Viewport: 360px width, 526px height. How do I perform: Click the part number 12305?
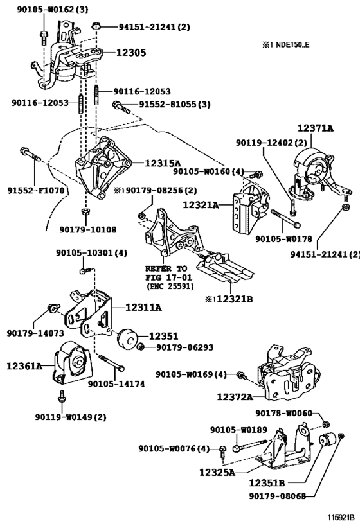point(131,53)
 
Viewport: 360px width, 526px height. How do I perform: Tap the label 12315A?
point(163,163)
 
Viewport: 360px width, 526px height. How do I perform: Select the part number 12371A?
point(316,128)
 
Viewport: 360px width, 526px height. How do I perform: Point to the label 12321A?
point(201,204)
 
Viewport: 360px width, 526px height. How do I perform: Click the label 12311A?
point(143,307)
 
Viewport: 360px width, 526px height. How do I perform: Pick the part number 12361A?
point(24,365)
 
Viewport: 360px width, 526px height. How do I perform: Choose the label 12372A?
point(235,397)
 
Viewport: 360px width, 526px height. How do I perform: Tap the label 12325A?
point(217,472)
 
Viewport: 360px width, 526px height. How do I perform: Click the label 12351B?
point(267,483)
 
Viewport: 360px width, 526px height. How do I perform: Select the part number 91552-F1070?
point(36,191)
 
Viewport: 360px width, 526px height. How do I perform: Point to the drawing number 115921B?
point(341,517)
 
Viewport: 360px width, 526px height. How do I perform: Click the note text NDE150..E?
point(292,44)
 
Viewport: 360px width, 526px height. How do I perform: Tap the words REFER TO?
point(166,268)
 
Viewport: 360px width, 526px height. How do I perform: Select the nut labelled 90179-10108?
point(85,212)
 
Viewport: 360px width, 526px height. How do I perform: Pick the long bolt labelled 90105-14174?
point(111,362)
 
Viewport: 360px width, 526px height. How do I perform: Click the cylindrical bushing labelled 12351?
point(127,337)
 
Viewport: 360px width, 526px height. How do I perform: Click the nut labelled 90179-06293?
point(141,346)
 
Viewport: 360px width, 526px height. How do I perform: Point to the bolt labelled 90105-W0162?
point(44,37)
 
